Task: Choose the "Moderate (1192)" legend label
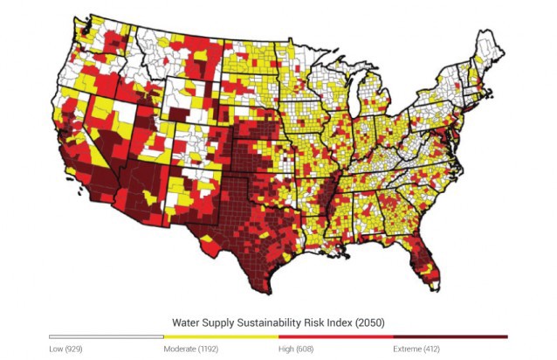(x=193, y=349)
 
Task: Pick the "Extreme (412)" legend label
(x=418, y=349)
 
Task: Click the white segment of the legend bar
(x=106, y=336)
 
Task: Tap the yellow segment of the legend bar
(x=221, y=336)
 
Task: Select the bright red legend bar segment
(x=335, y=336)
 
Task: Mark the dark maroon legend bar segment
(x=450, y=336)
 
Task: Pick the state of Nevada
(x=100, y=131)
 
